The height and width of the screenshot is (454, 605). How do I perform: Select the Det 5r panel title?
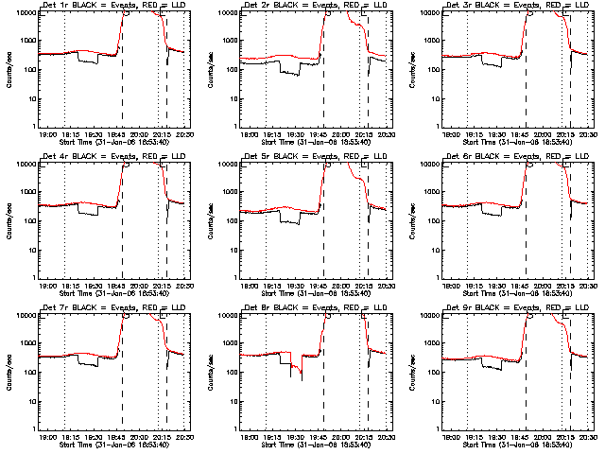pyautogui.click(x=315, y=157)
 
